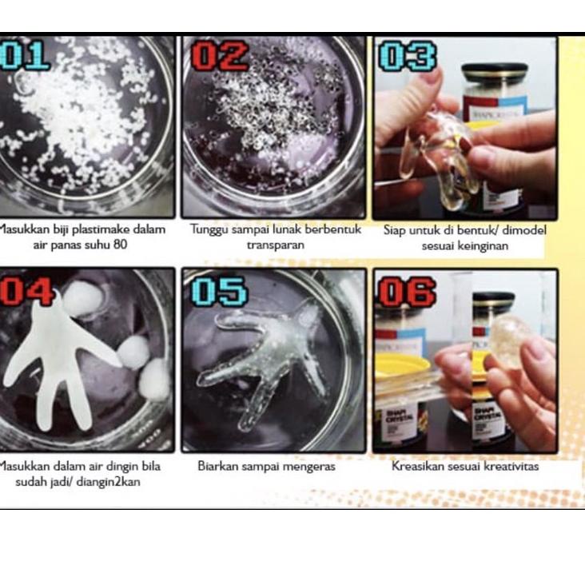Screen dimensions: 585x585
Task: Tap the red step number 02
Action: pyautogui.click(x=219, y=57)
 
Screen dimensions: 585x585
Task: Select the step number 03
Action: pyautogui.click(x=408, y=57)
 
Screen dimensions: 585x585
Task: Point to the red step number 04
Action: pyautogui.click(x=25, y=291)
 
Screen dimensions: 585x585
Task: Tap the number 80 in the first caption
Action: pyautogui.click(x=119, y=245)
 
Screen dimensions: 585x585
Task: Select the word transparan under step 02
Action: pyautogui.click(x=275, y=245)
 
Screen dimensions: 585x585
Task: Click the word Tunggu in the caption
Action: pyautogui.click(x=209, y=230)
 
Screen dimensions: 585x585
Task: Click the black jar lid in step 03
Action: pyautogui.click(x=495, y=74)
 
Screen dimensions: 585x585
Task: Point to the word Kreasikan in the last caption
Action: pyautogui.click(x=418, y=466)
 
